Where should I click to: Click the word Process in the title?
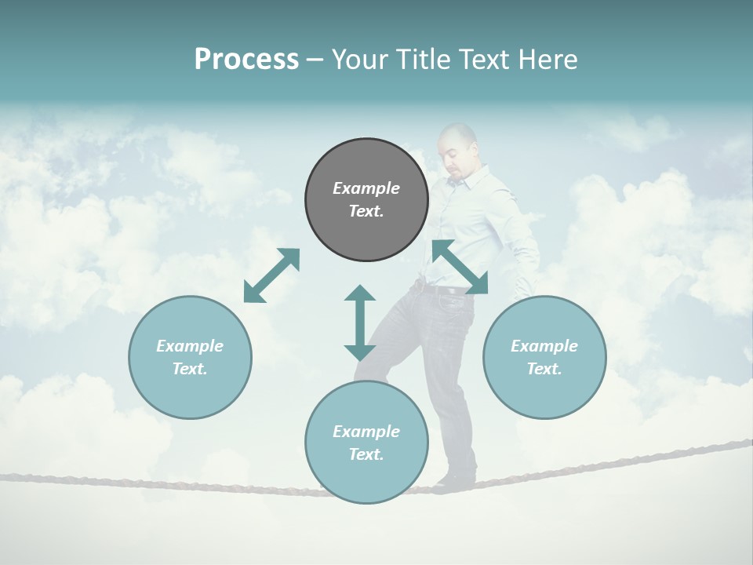click(246, 60)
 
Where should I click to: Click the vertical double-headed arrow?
click(360, 323)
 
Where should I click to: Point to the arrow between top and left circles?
click(272, 275)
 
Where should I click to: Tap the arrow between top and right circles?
click(460, 268)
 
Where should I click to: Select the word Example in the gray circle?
click(366, 188)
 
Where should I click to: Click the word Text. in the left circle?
click(190, 369)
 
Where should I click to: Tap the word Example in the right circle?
click(544, 346)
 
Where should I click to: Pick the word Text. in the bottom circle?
click(366, 454)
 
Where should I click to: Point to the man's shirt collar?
click(457, 180)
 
